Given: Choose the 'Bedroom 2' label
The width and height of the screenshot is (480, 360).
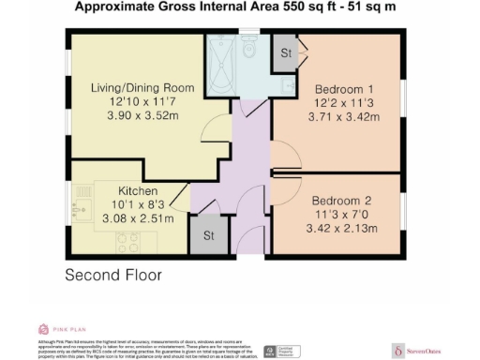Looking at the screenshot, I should (342, 200).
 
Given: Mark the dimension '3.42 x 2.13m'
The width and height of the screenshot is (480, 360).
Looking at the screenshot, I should (342, 228).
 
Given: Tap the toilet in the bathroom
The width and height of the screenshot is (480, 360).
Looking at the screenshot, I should (249, 52).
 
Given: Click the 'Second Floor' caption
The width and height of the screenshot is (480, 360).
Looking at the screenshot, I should (113, 276).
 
